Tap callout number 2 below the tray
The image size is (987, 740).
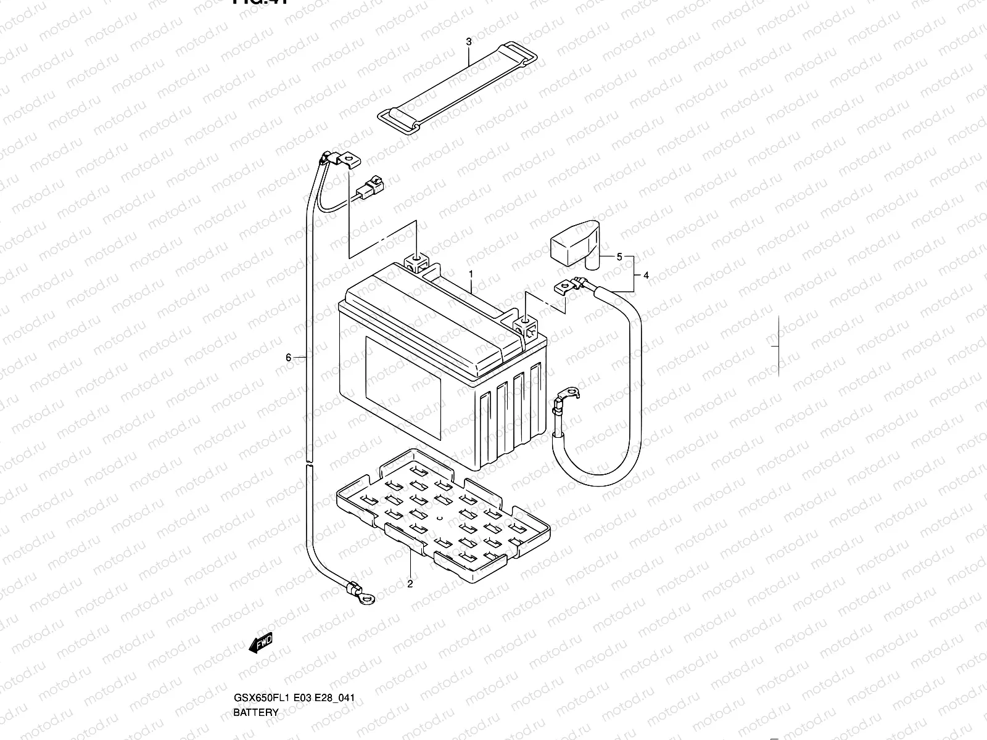(x=410, y=584)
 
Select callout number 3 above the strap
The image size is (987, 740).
(x=469, y=42)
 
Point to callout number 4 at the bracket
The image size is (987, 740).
(x=646, y=276)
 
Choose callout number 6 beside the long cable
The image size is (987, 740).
(x=288, y=357)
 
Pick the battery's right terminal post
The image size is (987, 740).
(x=525, y=323)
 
